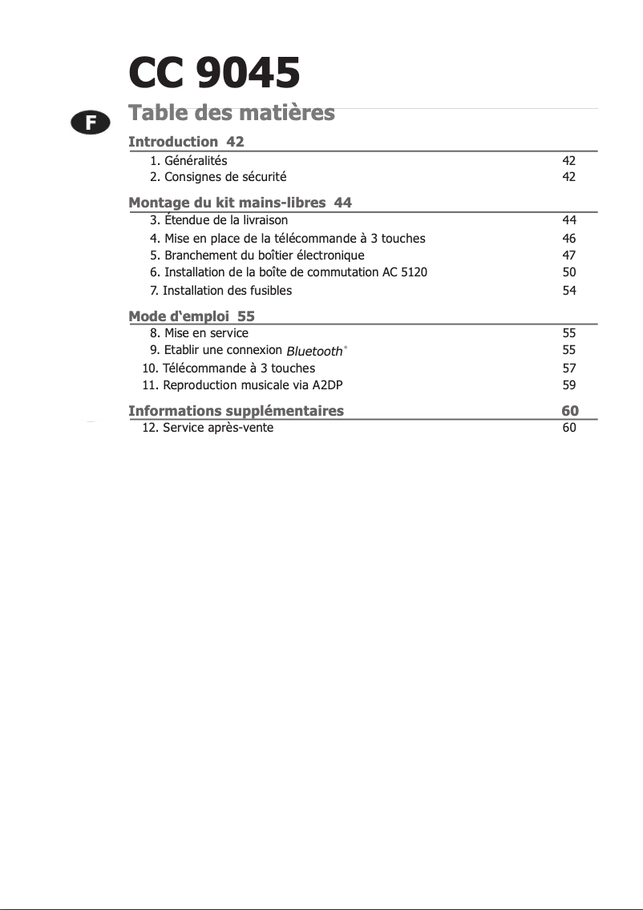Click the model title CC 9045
click(x=214, y=74)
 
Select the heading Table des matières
click(x=231, y=113)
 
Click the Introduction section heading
click(x=173, y=142)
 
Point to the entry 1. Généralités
click(x=188, y=160)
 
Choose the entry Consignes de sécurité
click(x=224, y=177)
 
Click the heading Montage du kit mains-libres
click(x=228, y=203)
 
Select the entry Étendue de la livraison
click(x=225, y=219)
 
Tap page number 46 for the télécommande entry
click(x=569, y=238)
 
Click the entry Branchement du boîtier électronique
click(x=264, y=256)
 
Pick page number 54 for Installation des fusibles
click(x=569, y=291)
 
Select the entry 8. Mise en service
click(x=199, y=333)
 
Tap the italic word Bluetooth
click(x=314, y=351)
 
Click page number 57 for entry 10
click(x=569, y=368)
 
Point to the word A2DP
click(x=327, y=385)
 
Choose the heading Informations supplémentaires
click(x=236, y=411)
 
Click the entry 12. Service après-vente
click(x=208, y=428)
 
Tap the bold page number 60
click(x=569, y=411)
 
